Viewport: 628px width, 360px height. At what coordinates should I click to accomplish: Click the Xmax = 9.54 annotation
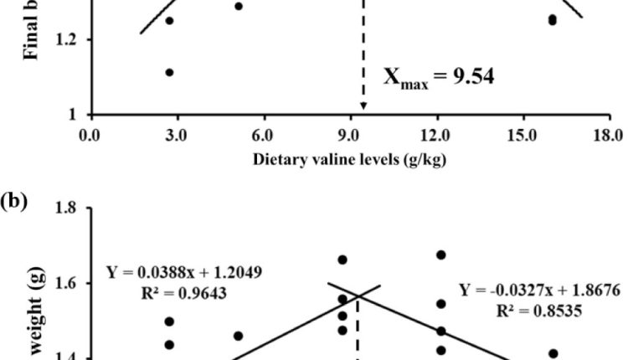point(438,78)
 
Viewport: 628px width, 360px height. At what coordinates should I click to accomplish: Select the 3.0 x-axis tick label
point(177,135)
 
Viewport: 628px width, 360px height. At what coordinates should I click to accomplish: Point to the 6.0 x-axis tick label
point(263,135)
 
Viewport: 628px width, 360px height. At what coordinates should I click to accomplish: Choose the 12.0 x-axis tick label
point(436,135)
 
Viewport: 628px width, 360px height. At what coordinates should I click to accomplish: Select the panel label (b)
point(14,200)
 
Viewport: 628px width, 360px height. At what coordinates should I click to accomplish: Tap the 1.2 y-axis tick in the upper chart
point(66,39)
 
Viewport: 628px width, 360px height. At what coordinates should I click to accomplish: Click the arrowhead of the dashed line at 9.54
point(363,105)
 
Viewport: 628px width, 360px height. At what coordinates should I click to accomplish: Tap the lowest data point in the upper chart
point(169,73)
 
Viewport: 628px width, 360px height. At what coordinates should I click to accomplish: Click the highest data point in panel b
point(440,255)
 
